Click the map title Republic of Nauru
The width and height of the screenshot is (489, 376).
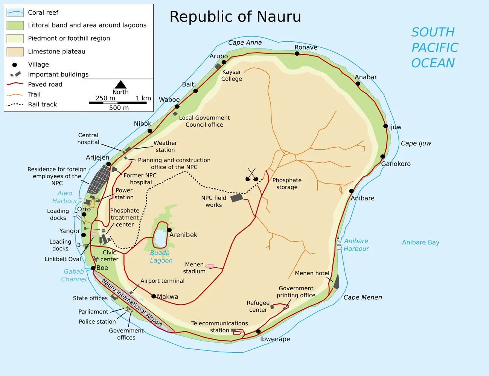(x=235, y=17)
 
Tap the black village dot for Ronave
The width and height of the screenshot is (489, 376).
(x=297, y=53)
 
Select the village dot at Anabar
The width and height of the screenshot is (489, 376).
(x=358, y=83)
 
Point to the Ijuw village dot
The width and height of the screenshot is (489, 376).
(x=385, y=126)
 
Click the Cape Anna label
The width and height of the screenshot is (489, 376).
(x=245, y=42)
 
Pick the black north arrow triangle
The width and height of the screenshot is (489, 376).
(x=120, y=85)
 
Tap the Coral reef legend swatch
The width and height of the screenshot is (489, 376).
(x=15, y=12)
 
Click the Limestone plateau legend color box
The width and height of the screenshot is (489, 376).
(x=15, y=52)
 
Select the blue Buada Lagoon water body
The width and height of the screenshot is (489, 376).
(x=160, y=238)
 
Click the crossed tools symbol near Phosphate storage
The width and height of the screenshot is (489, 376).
(x=251, y=175)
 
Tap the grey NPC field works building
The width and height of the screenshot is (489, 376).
(x=237, y=198)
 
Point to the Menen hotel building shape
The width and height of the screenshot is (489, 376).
(x=336, y=282)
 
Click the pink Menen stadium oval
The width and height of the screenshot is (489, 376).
(x=210, y=266)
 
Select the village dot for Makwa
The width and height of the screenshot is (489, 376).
(x=154, y=296)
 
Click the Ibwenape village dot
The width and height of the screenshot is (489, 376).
(x=258, y=332)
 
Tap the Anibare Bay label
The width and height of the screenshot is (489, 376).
(x=420, y=243)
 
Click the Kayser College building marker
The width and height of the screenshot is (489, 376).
(x=218, y=66)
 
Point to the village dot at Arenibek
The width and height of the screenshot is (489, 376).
(x=169, y=230)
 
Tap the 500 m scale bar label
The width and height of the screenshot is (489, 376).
(x=119, y=108)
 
